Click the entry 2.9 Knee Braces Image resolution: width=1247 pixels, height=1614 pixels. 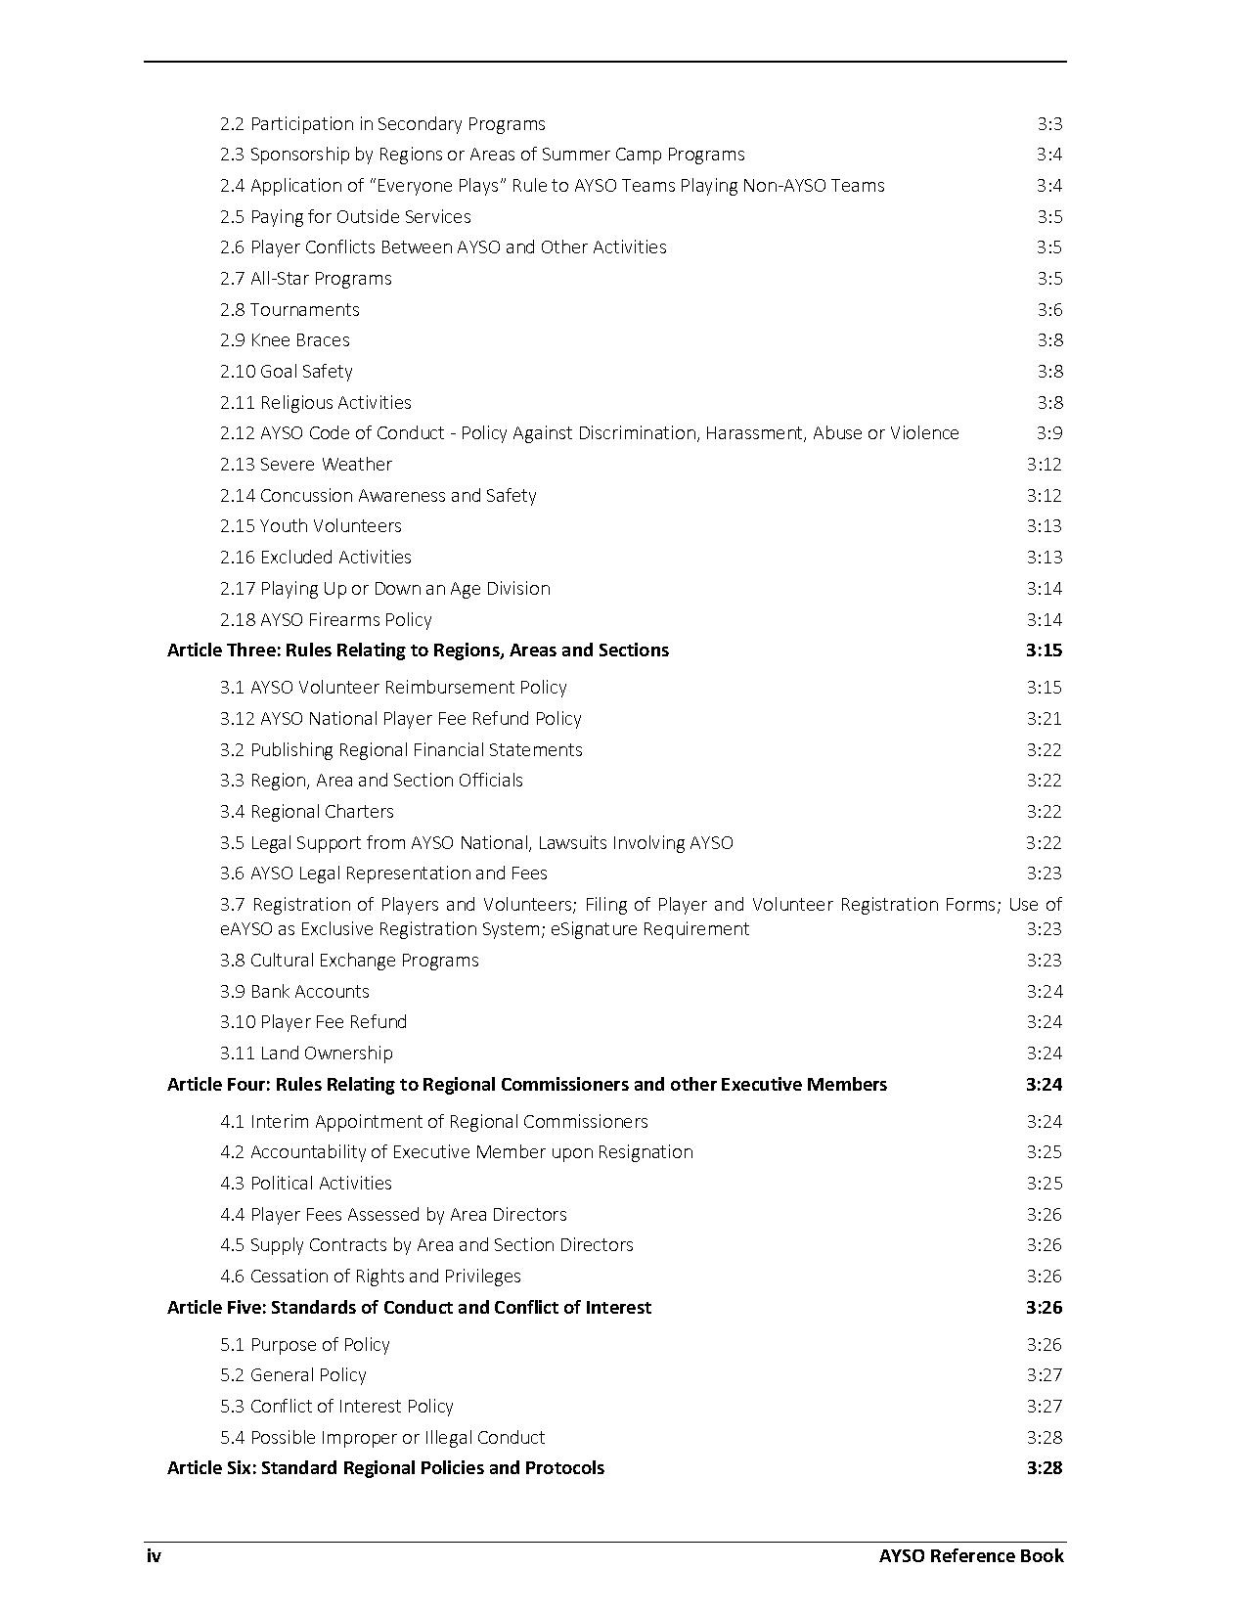285,340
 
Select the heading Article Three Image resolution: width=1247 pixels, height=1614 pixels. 418,650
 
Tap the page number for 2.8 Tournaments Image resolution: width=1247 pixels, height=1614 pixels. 1049,310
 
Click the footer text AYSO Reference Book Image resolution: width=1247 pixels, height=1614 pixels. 970,1556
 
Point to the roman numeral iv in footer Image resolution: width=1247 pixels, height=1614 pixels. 154,1556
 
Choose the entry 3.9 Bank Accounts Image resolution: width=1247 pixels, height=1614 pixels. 294,992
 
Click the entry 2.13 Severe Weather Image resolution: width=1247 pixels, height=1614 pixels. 306,465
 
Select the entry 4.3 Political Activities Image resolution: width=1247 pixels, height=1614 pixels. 306,1184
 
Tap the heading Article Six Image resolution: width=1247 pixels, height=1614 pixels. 385,1468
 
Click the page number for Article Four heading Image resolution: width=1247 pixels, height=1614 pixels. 1044,1085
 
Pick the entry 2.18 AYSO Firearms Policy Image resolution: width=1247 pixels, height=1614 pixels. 326,620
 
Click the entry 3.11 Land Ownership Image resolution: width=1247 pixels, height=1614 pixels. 306,1054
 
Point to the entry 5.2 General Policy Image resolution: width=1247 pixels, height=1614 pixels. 293,1375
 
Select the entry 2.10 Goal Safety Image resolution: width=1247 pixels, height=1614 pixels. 287,372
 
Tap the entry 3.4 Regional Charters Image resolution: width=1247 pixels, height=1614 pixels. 307,812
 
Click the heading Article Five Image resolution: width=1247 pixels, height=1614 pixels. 409,1308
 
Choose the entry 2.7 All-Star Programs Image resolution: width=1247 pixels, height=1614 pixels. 306,279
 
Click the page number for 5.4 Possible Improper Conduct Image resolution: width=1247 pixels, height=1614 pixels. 1044,1438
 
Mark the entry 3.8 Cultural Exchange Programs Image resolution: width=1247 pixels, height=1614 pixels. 349,961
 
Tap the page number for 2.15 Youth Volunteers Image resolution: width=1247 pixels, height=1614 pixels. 1044,526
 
